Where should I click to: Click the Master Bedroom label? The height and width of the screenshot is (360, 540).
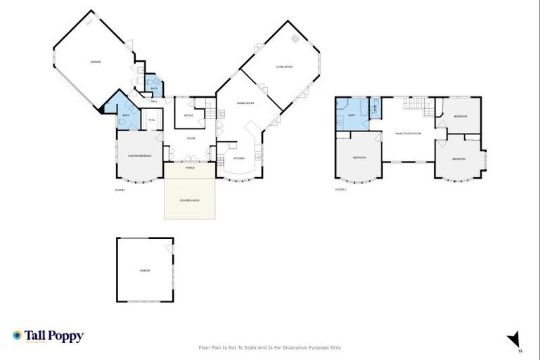pyautogui.click(x=140, y=155)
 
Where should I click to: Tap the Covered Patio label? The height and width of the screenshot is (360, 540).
pyautogui.click(x=190, y=200)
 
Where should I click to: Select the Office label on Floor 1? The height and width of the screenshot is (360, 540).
pyautogui.click(x=188, y=115)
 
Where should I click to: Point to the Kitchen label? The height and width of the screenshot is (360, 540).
pyautogui.click(x=239, y=158)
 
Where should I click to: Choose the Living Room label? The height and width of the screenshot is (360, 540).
pyautogui.click(x=284, y=67)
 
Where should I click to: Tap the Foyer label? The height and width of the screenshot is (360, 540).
pyautogui.click(x=191, y=139)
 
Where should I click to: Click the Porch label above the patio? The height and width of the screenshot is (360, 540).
pyautogui.click(x=190, y=168)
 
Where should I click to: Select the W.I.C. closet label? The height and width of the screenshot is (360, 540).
pyautogui.click(x=151, y=120)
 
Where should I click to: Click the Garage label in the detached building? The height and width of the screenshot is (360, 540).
pyautogui.click(x=145, y=271)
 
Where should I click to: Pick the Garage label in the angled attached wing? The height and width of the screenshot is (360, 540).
pyautogui.click(x=95, y=62)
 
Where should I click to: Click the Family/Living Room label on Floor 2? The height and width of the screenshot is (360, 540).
pyautogui.click(x=408, y=133)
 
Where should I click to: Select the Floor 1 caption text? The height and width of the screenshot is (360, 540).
pyautogui.click(x=120, y=190)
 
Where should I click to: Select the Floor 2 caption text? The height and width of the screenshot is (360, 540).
pyautogui.click(x=341, y=190)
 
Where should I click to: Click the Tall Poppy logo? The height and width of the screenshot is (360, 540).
pyautogui.click(x=48, y=336)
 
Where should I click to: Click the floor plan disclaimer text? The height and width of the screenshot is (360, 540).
pyautogui.click(x=270, y=347)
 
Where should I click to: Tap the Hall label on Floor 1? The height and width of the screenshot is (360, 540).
pyautogui.click(x=153, y=102)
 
